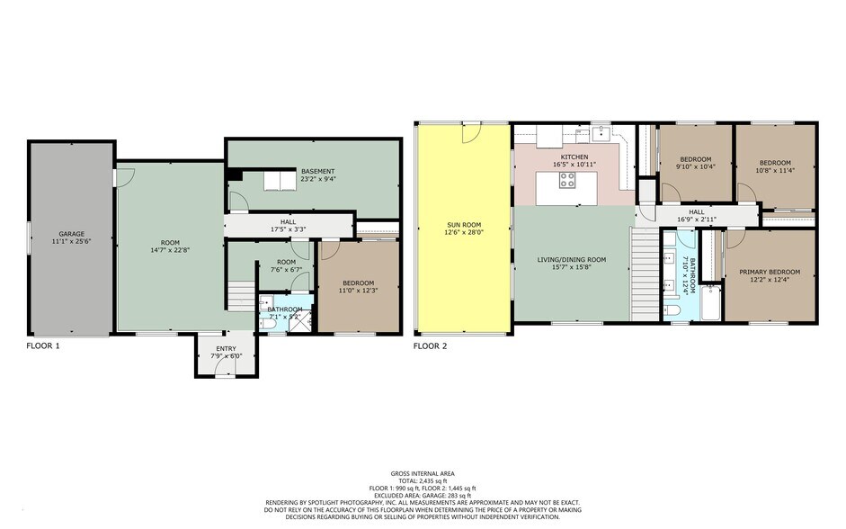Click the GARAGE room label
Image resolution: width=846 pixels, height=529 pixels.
pyautogui.click(x=71, y=234)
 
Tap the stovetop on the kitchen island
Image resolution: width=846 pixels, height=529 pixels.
pyautogui.click(x=567, y=180)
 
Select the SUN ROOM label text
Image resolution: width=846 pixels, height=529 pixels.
pyautogui.click(x=464, y=225)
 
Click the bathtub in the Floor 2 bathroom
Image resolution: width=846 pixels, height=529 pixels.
pyautogui.click(x=710, y=303)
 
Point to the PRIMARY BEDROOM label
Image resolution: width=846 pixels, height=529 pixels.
pyautogui.click(x=770, y=272)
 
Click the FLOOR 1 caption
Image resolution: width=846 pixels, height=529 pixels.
pyautogui.click(x=43, y=346)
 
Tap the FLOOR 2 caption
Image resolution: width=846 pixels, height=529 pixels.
pyautogui.click(x=430, y=346)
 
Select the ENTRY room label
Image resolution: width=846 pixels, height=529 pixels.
pyautogui.click(x=226, y=349)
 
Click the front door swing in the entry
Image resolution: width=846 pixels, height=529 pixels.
pyautogui.click(x=226, y=367)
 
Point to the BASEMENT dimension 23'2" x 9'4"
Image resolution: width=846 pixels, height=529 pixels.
pyautogui.click(x=318, y=179)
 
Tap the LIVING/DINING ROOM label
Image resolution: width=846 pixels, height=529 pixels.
pyautogui.click(x=572, y=260)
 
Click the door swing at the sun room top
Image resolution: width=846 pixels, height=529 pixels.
pyautogui.click(x=471, y=133)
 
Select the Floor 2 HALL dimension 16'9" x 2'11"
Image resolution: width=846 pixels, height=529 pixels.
pyautogui.click(x=696, y=220)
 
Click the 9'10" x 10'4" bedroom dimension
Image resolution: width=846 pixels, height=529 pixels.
pyautogui.click(x=695, y=166)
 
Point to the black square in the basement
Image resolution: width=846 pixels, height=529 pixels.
pyautogui.click(x=234, y=175)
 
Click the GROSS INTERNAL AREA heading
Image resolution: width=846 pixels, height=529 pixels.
pyautogui.click(x=423, y=474)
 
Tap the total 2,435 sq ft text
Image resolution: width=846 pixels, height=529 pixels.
pyautogui.click(x=423, y=481)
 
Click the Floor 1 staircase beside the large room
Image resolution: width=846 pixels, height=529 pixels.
pyautogui.click(x=241, y=296)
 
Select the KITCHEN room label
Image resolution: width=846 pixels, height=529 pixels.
pyautogui.click(x=574, y=157)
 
